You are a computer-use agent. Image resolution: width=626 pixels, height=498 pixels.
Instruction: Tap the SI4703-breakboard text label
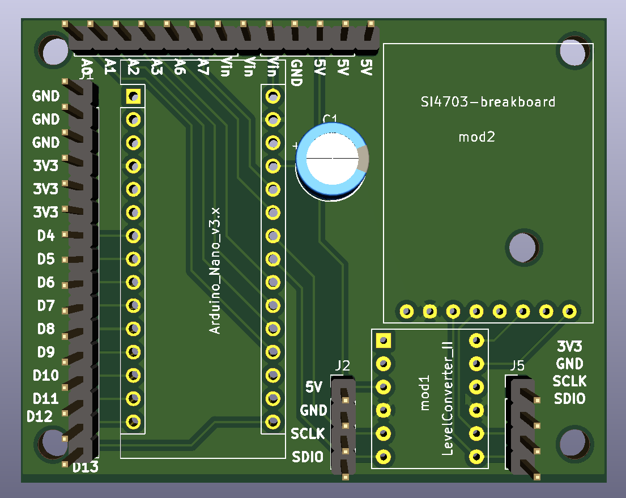point(488,102)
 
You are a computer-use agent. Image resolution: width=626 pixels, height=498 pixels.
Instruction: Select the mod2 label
point(476,137)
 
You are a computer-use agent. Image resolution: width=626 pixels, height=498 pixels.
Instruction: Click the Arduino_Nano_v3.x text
point(215,270)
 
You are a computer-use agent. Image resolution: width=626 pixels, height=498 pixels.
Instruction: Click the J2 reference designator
point(342,366)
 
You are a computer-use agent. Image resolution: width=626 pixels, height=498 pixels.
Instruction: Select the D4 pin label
point(46,236)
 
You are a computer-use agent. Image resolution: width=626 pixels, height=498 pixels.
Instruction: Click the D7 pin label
point(46,306)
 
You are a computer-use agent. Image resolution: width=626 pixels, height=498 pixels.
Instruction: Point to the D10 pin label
point(46,376)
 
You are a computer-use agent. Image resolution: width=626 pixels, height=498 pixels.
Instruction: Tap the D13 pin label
point(86,467)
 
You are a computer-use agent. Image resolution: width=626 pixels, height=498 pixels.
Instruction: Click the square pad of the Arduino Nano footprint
point(133,97)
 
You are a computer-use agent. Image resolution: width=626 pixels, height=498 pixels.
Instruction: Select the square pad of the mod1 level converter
point(384,340)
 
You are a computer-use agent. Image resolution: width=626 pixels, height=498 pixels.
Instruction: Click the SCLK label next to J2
point(308,434)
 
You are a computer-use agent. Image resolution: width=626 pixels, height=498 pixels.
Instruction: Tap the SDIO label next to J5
point(570,399)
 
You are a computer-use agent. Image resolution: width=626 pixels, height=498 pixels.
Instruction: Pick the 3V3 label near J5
point(570,347)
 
